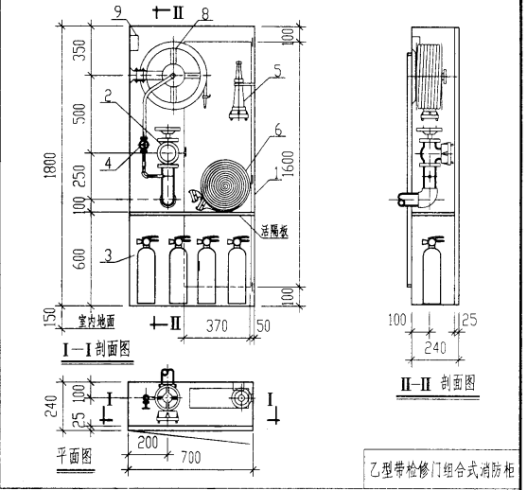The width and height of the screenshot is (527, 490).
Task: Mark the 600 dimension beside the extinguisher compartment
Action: click(x=79, y=257)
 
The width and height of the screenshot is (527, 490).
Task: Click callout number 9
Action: click(x=117, y=10)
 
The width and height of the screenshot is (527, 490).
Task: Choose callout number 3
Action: click(x=111, y=254)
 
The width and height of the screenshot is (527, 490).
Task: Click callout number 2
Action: click(x=111, y=94)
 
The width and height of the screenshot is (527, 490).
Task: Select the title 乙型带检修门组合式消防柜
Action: click(x=441, y=468)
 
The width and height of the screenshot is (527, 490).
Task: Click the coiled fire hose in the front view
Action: click(x=227, y=181)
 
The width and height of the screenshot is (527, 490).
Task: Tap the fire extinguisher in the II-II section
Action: click(x=431, y=271)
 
